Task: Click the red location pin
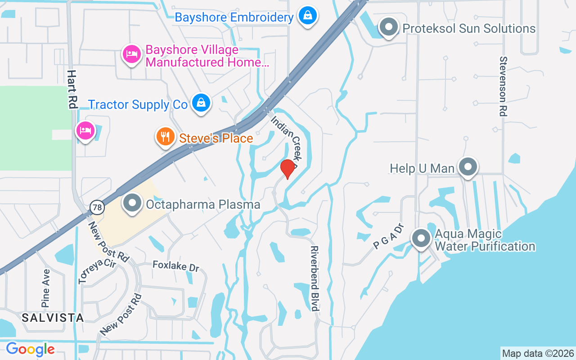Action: click(x=288, y=168)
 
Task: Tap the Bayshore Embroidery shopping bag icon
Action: click(x=308, y=16)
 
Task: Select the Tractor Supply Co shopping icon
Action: click(x=201, y=103)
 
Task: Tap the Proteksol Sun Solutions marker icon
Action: click(x=388, y=27)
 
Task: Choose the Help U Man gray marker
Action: click(x=468, y=167)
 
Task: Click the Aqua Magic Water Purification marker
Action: click(x=421, y=238)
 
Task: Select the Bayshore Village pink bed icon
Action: click(x=131, y=54)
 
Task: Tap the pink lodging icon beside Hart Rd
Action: click(x=85, y=131)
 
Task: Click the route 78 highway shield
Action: click(x=97, y=207)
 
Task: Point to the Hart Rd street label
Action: click(x=72, y=89)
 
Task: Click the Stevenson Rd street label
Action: click(x=504, y=86)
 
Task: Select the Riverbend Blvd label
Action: click(x=315, y=278)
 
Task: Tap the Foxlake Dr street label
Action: click(x=175, y=266)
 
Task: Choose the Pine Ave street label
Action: click(x=46, y=288)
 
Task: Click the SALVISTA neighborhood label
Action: click(x=53, y=318)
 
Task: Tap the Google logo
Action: click(x=30, y=349)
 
